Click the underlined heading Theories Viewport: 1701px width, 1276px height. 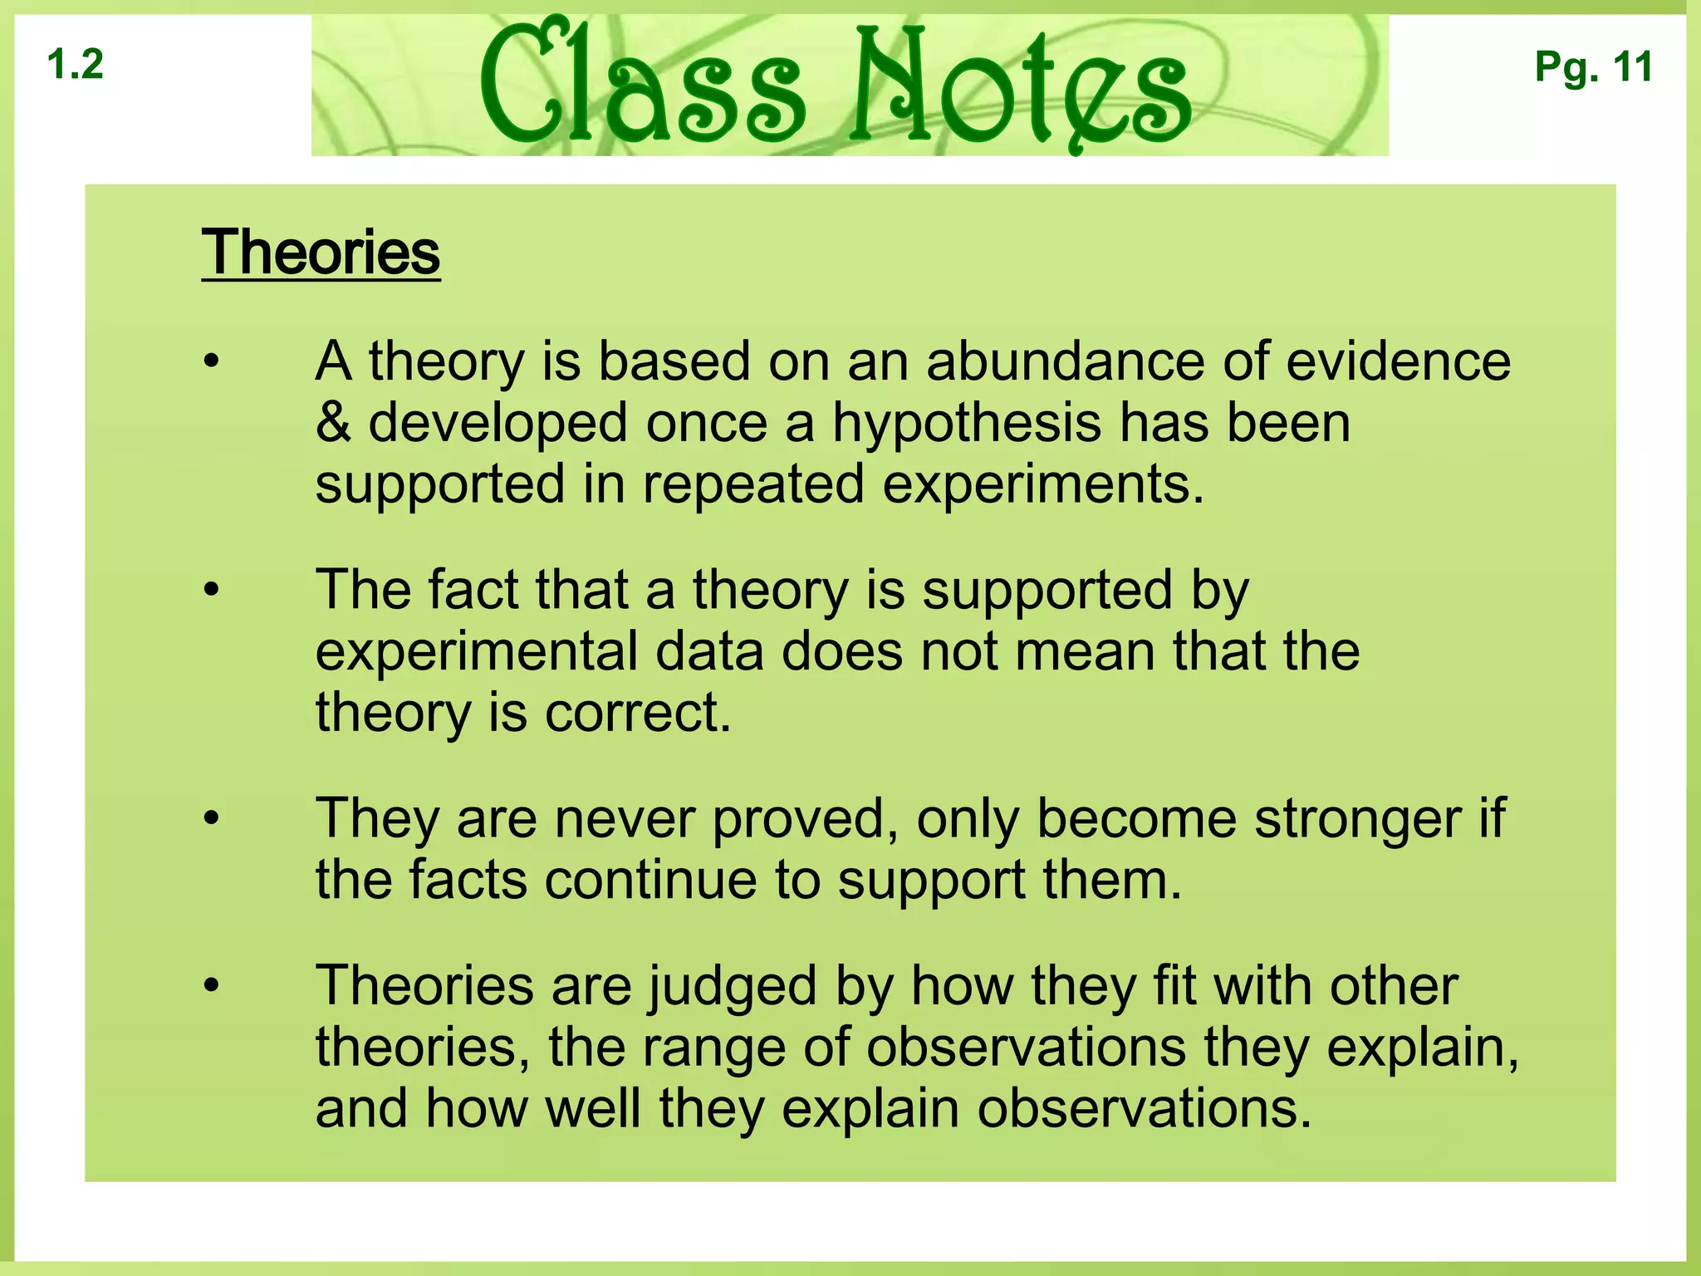321,253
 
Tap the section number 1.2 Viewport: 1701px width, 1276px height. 76,65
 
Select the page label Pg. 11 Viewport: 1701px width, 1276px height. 1593,66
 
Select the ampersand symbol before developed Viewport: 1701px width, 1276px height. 333,423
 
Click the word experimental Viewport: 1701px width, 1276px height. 476,651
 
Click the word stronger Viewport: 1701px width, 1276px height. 1357,819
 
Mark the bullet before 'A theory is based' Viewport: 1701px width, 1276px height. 212,362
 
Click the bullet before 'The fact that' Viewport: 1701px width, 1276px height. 212,590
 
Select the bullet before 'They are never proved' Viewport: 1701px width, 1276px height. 212,818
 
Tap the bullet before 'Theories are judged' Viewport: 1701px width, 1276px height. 212,986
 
